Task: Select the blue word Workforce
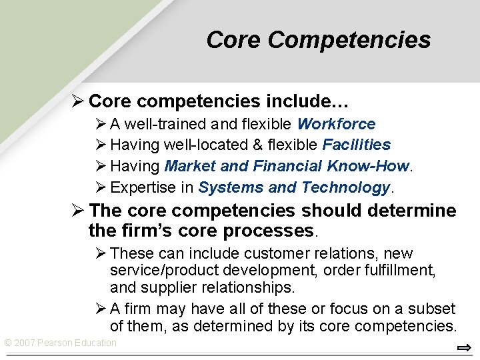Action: pyautogui.click(x=336, y=124)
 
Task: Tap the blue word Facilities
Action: pyautogui.click(x=357, y=145)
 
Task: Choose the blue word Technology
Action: pyautogui.click(x=345, y=187)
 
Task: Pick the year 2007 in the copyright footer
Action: pyautogui.click(x=25, y=343)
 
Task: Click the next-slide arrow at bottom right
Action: pyautogui.click(x=464, y=348)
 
